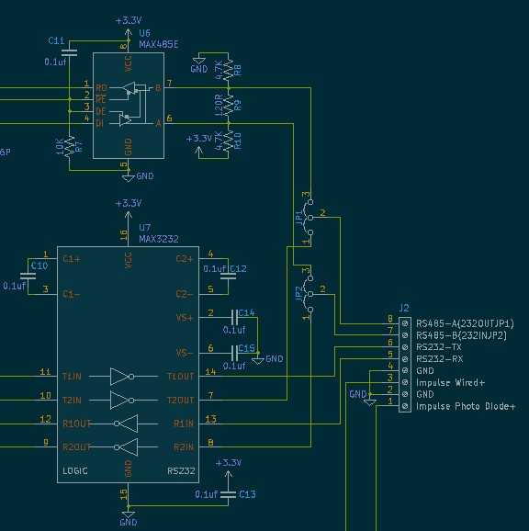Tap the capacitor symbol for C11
click(70, 51)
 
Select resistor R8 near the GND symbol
click(228, 70)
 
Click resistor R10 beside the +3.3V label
click(228, 141)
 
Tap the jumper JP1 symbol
click(307, 219)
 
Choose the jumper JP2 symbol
click(307, 294)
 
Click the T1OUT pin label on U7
click(179, 376)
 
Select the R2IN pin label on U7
click(182, 446)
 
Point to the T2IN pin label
click(73, 400)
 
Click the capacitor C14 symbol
click(234, 316)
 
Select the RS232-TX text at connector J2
click(439, 347)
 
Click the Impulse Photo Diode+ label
click(466, 406)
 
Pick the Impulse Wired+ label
click(450, 382)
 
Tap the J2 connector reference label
click(404, 308)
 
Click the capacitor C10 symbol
click(25, 276)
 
